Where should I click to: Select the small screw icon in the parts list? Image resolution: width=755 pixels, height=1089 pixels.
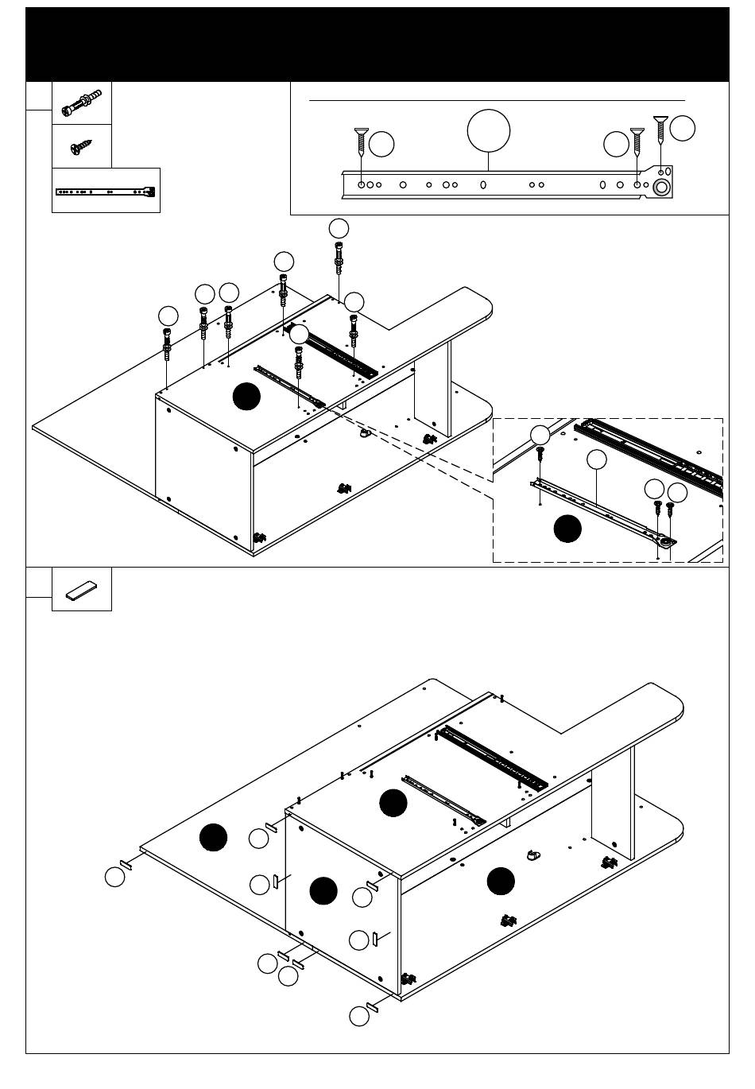80,147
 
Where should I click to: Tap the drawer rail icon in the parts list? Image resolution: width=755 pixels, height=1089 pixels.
106,191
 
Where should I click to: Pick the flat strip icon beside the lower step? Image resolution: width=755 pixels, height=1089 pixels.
81,590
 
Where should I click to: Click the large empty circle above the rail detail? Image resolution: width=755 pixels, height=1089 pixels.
489,130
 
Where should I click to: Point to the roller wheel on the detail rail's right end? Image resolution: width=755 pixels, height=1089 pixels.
660,188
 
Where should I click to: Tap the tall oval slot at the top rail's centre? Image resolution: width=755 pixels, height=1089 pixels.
483,184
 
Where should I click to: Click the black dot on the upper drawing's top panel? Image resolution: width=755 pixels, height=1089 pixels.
246,396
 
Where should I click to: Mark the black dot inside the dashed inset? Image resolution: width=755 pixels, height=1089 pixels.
567,529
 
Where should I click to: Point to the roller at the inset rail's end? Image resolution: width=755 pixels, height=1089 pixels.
664,541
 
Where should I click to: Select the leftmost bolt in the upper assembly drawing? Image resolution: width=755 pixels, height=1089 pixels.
167,342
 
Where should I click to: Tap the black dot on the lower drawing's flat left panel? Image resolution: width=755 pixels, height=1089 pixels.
213,837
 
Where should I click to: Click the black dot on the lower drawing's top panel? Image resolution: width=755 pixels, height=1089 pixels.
393,803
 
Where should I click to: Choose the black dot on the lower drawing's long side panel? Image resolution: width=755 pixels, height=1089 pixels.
501,881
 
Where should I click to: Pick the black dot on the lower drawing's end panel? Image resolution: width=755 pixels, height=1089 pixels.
323,891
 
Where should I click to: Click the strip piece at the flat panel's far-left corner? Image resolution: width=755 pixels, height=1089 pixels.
126,864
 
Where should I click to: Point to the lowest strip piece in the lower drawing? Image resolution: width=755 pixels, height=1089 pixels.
371,1008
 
